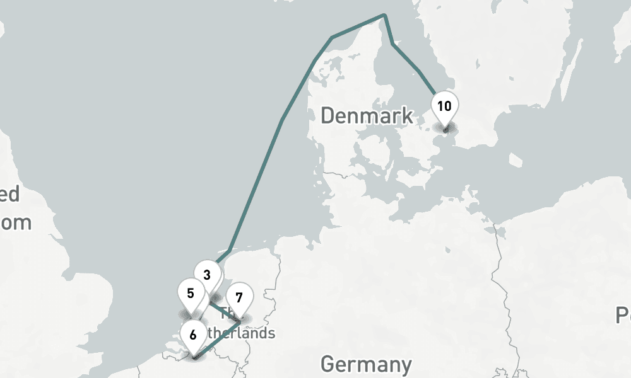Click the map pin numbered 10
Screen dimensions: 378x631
444,106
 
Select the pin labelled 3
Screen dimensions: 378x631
207,275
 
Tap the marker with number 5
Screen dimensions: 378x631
191,293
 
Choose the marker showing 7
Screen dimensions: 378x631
239,297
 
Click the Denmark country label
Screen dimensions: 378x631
367,116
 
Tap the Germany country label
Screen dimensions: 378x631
366,364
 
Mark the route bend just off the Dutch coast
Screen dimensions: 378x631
230,250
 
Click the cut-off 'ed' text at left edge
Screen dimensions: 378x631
9,195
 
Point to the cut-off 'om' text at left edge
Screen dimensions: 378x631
15,222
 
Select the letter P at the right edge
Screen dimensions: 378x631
623,315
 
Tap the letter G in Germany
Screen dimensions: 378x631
329,364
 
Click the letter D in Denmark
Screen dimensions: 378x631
327,116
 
